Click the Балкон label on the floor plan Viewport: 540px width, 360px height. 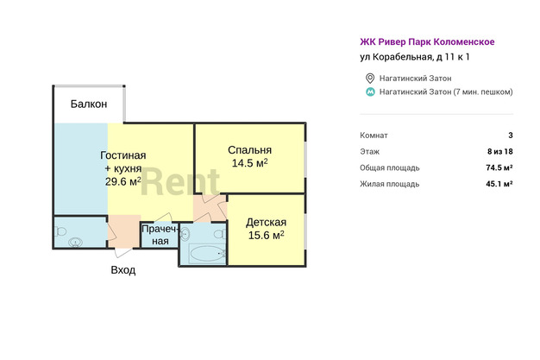pyautogui.click(x=89, y=104)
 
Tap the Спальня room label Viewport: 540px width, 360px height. pyautogui.click(x=249, y=150)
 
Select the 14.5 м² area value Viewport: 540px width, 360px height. pyautogui.click(x=249, y=163)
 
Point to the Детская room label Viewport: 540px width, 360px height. pyautogui.click(x=266, y=223)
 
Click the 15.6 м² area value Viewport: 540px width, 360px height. pyautogui.click(x=267, y=235)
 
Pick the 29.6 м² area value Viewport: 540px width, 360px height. pyautogui.click(x=123, y=181)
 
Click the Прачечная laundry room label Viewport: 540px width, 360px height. pyautogui.click(x=160, y=235)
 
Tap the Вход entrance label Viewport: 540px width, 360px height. pyautogui.click(x=123, y=269)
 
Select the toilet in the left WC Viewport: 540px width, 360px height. pyautogui.click(x=61, y=231)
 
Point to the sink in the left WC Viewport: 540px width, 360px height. pyautogui.click(x=75, y=243)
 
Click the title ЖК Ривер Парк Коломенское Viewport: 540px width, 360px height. pyautogui.click(x=427, y=41)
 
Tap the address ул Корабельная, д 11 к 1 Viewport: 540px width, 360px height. pyautogui.click(x=415, y=57)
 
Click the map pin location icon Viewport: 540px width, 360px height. pyautogui.click(x=370, y=79)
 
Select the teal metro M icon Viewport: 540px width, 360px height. pyautogui.click(x=370, y=92)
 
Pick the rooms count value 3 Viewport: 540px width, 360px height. pyautogui.click(x=511, y=136)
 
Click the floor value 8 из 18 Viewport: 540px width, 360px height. pyautogui.click(x=500, y=151)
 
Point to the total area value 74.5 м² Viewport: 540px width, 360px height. pyautogui.click(x=499, y=167)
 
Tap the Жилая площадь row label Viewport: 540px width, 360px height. pyautogui.click(x=390, y=184)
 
